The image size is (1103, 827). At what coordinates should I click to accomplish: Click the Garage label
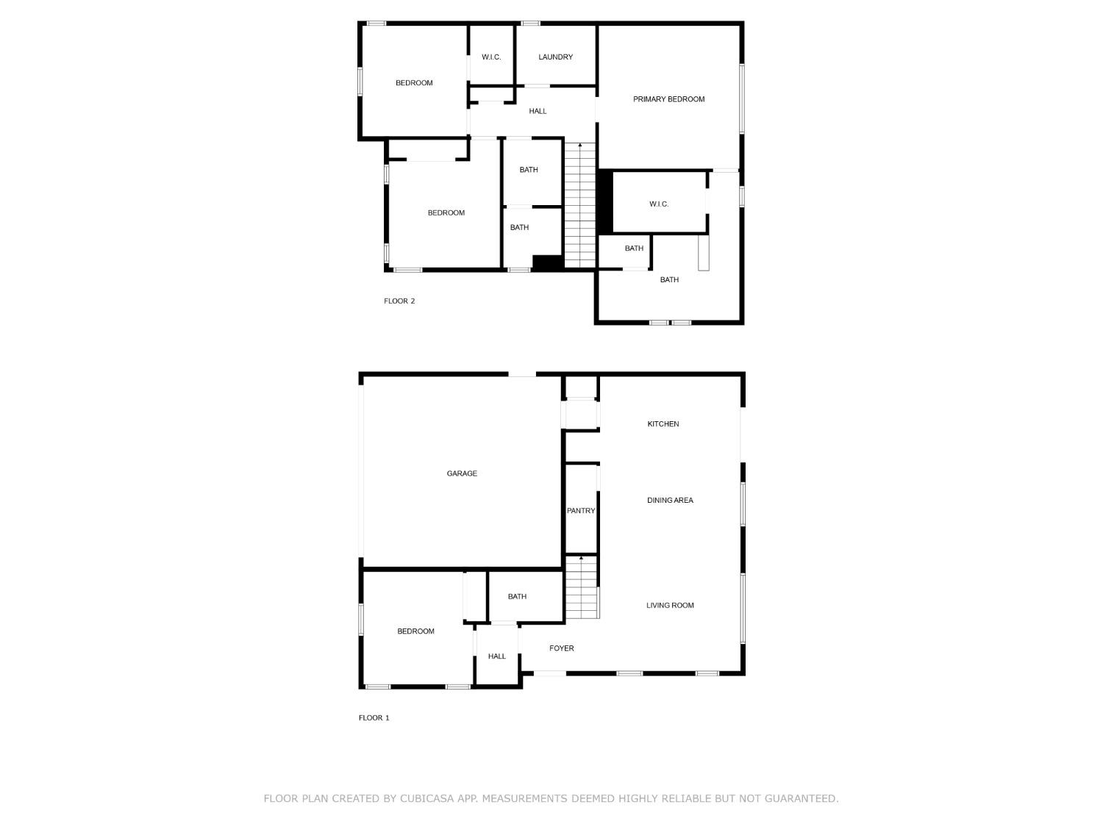[x=462, y=473]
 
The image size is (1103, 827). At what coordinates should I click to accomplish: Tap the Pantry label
[x=581, y=511]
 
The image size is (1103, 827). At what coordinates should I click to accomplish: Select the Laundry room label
[x=555, y=57]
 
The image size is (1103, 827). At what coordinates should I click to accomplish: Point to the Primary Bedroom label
[x=668, y=99]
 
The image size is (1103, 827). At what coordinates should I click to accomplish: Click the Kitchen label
[x=663, y=424]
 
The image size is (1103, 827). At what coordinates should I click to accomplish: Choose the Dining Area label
[x=670, y=501]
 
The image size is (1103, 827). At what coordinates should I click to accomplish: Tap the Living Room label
[x=670, y=606]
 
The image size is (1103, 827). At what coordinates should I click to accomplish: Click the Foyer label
[x=562, y=648]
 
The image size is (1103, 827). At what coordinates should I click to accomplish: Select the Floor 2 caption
[x=399, y=301]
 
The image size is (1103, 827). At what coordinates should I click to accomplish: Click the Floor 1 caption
[x=374, y=717]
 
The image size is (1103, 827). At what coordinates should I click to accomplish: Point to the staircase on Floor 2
[x=580, y=206]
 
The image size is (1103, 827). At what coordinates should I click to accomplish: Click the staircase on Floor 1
[x=582, y=588]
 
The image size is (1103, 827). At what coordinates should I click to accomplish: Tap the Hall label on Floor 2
[x=538, y=112]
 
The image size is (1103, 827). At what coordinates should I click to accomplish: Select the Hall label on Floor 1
[x=497, y=656]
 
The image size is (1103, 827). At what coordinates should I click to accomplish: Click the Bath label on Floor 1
[x=517, y=597]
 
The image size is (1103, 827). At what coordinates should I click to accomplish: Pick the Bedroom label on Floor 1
[x=415, y=631]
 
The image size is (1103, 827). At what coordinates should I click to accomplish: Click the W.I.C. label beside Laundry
[x=491, y=57]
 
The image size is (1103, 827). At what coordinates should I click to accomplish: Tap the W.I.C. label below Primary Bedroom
[x=659, y=204]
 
